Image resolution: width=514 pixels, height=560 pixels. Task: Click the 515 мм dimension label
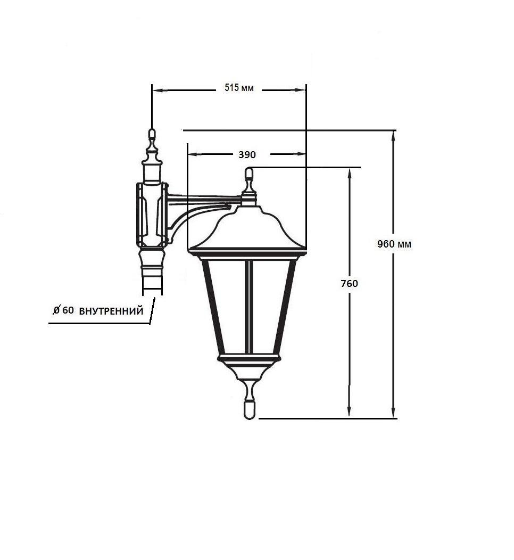(239, 88)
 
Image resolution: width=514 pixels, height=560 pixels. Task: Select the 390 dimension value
(247, 155)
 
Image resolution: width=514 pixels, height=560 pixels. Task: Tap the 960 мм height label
(394, 244)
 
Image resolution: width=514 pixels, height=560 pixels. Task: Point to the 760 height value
(349, 284)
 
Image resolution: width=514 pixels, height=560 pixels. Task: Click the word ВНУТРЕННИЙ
(111, 311)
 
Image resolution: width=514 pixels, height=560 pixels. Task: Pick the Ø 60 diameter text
(63, 310)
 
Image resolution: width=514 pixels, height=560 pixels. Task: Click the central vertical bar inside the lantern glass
(249, 307)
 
